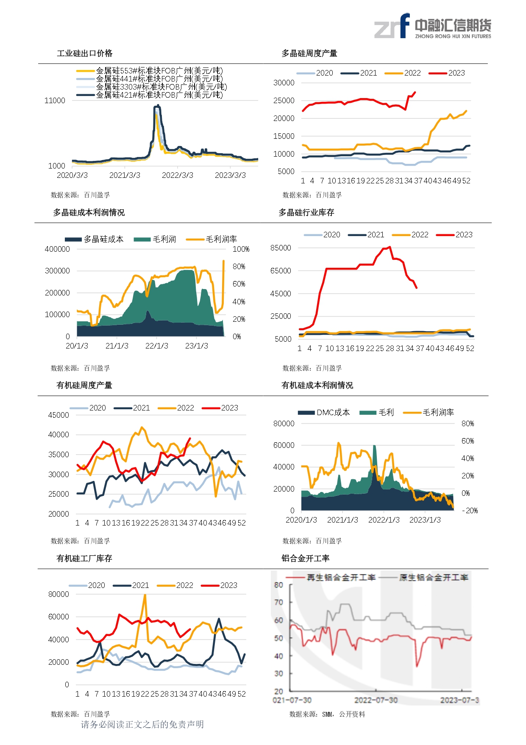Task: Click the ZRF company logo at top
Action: (x=432, y=26)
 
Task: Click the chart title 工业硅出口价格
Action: (x=85, y=53)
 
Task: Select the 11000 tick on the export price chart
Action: (x=55, y=101)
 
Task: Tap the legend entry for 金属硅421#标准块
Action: (x=159, y=95)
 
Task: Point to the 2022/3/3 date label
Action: (x=177, y=175)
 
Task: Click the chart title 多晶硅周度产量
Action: (x=309, y=53)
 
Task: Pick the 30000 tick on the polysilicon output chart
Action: (x=284, y=83)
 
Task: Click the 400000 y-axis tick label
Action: (x=57, y=249)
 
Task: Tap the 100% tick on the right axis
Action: (x=241, y=249)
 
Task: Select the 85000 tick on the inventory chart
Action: (x=281, y=248)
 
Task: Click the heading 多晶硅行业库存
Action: (x=306, y=213)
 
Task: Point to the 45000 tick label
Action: (x=58, y=415)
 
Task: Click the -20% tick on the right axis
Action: (x=469, y=511)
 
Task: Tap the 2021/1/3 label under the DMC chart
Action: (x=342, y=520)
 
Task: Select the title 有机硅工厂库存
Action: (x=84, y=559)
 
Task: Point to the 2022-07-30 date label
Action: (x=376, y=700)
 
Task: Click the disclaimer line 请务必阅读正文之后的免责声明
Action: (x=142, y=725)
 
